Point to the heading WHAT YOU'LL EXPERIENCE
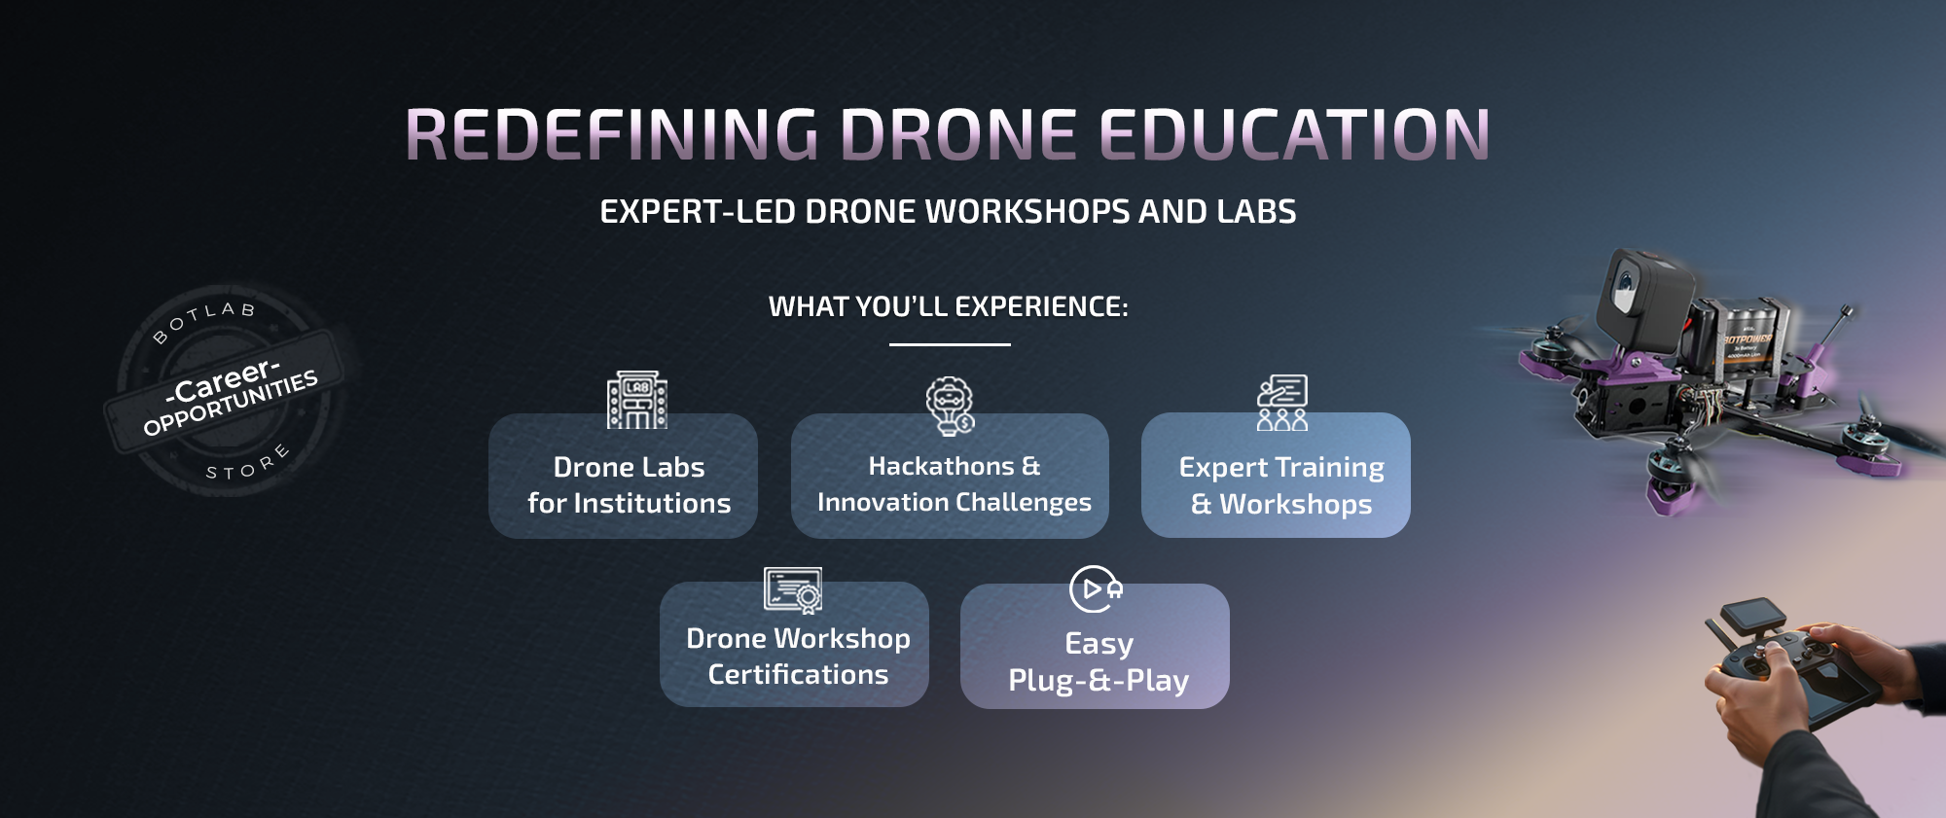click(x=949, y=306)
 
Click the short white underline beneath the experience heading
click(x=950, y=344)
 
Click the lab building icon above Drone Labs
click(x=637, y=400)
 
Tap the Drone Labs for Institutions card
click(x=623, y=477)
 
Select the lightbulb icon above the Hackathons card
click(x=950, y=406)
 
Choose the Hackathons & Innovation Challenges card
click(x=950, y=477)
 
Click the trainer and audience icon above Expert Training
click(x=1282, y=403)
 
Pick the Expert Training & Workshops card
click(x=1276, y=476)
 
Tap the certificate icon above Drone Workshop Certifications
click(x=793, y=590)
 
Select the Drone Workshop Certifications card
click(x=794, y=645)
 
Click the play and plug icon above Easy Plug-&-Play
click(x=1096, y=589)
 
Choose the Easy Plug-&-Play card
click(x=1095, y=647)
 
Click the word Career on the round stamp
click(x=223, y=380)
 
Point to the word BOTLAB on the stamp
click(x=203, y=320)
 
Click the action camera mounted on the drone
click(x=1644, y=297)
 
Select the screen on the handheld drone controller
click(x=1752, y=616)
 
